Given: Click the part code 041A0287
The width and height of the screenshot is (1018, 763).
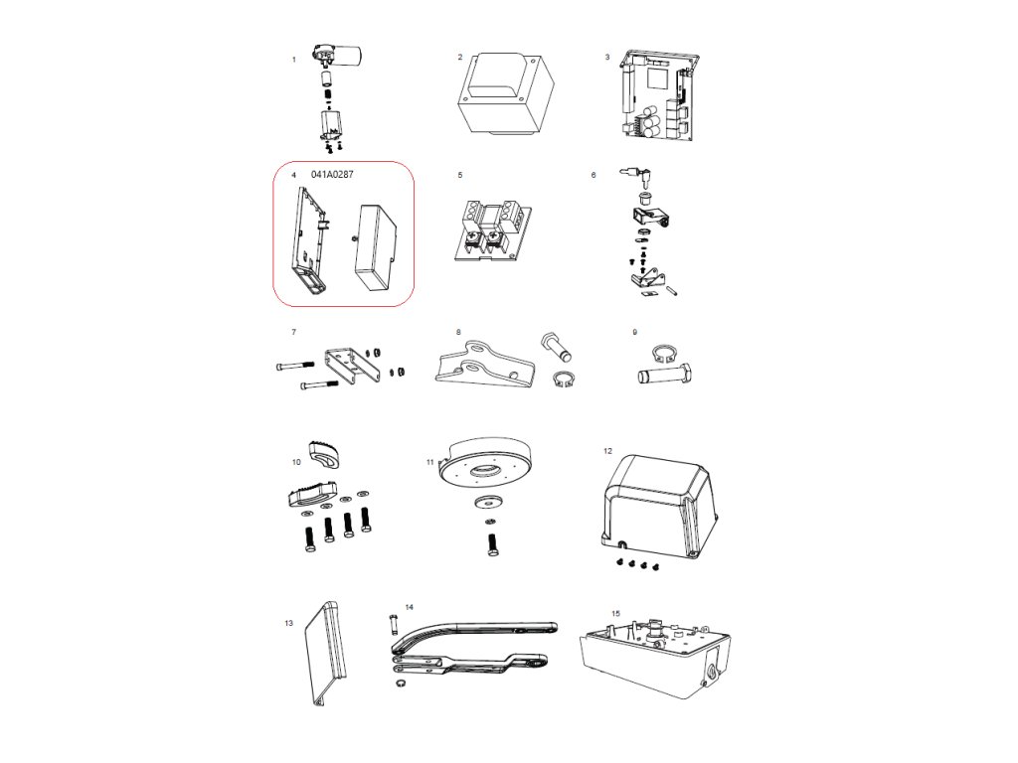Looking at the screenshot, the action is (x=332, y=174).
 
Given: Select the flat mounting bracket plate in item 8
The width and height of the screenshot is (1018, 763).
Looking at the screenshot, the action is (x=477, y=364).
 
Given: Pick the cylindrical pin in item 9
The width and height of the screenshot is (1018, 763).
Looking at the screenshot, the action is (x=661, y=378).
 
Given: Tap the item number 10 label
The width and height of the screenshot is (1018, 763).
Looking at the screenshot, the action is (x=296, y=462).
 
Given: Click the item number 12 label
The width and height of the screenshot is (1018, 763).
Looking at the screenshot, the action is (x=607, y=450).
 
